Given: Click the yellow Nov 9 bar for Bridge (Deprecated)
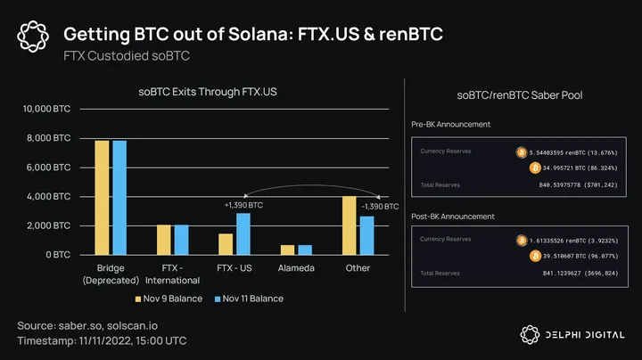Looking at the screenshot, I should click(102, 198).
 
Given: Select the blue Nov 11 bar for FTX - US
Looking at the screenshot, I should click(243, 233).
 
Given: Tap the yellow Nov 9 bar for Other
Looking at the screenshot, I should click(350, 225).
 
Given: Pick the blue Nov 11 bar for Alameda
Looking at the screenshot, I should click(305, 250).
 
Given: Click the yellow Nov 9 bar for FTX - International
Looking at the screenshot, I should click(164, 240).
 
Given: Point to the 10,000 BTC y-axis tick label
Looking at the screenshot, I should click(47, 109).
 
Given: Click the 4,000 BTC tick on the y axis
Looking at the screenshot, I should click(50, 196).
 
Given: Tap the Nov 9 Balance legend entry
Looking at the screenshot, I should click(169, 299).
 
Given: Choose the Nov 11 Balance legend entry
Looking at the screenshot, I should click(249, 299).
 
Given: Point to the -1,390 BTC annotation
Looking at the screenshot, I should click(379, 207).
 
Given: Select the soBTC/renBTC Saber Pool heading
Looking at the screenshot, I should click(520, 94).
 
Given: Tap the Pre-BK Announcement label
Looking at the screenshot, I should click(450, 124).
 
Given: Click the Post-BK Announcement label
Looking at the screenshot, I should click(452, 217).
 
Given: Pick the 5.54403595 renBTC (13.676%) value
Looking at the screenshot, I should click(567, 152).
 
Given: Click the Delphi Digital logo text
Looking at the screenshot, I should click(583, 333).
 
